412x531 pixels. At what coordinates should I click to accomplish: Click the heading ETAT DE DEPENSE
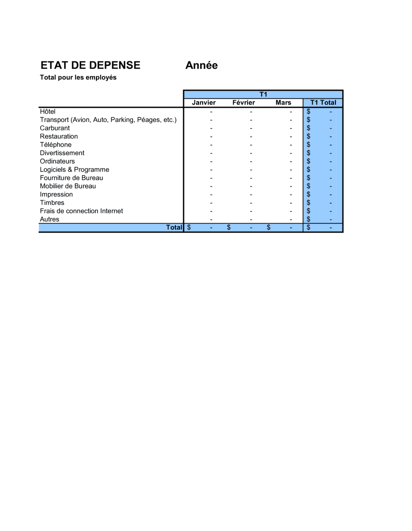90,65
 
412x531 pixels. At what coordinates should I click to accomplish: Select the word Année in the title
201,65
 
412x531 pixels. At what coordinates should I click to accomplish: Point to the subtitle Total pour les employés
78,77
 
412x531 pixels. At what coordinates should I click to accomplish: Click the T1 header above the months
263,94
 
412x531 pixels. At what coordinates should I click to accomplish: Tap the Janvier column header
204,102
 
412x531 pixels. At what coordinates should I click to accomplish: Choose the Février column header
243,102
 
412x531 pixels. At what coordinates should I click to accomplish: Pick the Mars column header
283,102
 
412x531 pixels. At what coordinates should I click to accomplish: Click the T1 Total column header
323,102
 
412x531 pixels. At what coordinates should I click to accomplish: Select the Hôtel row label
47,112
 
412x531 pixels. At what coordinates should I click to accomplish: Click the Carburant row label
55,128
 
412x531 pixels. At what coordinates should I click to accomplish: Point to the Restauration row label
59,136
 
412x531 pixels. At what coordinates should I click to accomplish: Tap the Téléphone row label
56,144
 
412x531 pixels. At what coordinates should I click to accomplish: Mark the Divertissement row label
62,153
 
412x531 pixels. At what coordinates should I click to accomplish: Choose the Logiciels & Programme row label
74,170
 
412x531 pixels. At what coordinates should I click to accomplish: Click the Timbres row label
52,203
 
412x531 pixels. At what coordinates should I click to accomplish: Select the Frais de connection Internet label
81,211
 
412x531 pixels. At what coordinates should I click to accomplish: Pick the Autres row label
49,219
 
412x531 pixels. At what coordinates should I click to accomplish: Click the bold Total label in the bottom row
174,227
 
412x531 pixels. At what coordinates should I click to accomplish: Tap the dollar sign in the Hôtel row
308,112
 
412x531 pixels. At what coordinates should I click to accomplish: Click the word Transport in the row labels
54,120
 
